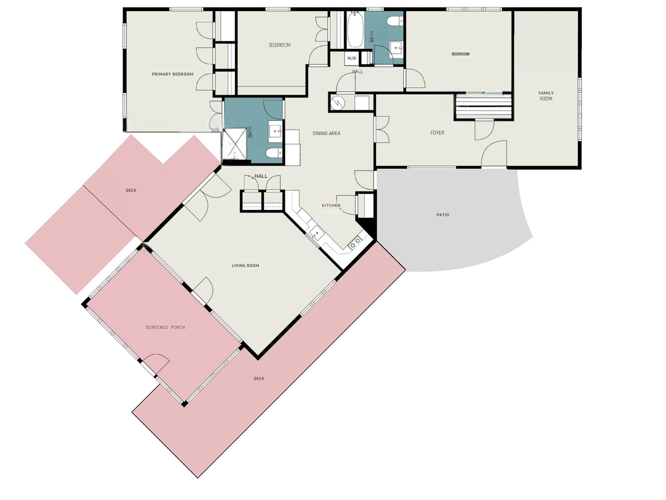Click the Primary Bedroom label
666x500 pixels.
[172, 74]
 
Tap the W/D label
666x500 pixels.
[352, 58]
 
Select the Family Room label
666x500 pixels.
[546, 96]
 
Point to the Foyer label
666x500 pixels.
[437, 133]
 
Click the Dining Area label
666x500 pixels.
[326, 133]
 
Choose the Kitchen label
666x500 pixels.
[331, 206]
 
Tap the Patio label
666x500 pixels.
[443, 215]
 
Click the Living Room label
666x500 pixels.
[245, 266]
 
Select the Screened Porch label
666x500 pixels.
[165, 328]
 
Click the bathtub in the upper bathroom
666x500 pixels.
[355, 30]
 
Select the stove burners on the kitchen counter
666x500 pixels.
[356, 242]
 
